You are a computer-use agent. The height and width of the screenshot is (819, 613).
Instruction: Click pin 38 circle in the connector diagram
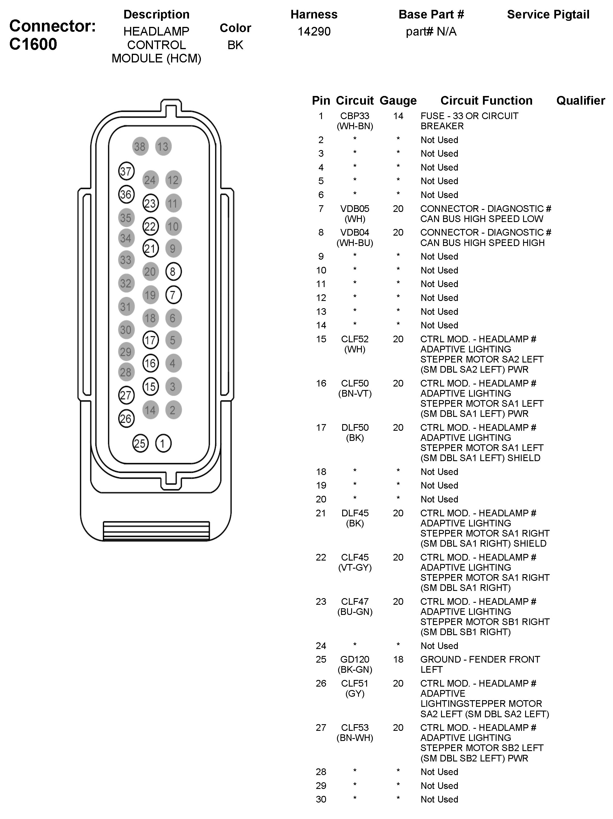pos(140,147)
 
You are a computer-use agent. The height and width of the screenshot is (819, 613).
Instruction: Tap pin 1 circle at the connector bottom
pos(163,443)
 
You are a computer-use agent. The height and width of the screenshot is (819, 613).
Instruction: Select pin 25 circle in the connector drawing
pos(140,443)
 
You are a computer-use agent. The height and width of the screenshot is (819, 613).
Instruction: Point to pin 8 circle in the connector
pos(173,272)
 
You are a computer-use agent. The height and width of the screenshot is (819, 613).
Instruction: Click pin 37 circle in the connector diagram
pos(126,171)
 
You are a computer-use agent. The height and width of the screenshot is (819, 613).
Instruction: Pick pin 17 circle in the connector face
pos(150,340)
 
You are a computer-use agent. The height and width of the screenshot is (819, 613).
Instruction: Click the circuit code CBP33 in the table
pos(355,116)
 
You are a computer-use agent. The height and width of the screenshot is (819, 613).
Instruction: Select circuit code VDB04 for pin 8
pos(355,232)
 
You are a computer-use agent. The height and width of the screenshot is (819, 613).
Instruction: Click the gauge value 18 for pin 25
pos(398,659)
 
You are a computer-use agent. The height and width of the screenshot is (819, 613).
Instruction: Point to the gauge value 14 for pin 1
pos(398,116)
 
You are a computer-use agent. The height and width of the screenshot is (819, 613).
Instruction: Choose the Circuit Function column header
pos(486,100)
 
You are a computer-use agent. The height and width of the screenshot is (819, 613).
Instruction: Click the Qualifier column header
pos(580,100)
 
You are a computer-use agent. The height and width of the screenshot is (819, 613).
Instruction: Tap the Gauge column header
pos(398,100)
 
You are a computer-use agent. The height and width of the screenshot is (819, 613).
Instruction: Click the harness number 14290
pos(314,32)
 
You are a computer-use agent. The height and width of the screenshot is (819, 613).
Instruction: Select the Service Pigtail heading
pos(548,14)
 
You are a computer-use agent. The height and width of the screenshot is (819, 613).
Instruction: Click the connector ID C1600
pos(33,44)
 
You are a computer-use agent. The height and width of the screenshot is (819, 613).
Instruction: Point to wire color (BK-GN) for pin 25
pos(355,670)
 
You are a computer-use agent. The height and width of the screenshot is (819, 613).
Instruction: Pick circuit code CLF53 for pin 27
pos(355,728)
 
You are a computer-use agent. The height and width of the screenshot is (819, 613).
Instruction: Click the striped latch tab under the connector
pos(156,530)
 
